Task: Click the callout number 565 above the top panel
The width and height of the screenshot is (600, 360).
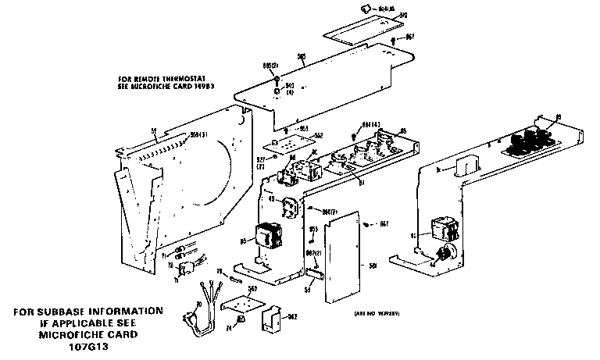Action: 302,55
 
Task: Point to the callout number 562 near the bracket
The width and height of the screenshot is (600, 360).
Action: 294,317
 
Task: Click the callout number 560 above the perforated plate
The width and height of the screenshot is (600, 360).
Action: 252,288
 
